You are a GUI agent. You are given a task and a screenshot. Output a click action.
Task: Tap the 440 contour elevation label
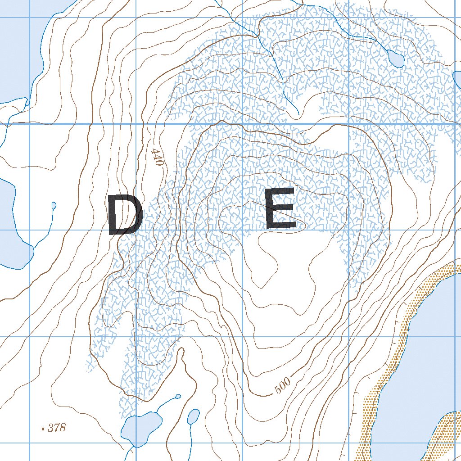(x=157, y=157)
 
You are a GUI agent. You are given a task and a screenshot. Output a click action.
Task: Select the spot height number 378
(x=57, y=428)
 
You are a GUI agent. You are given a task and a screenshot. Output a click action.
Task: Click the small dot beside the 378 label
(x=43, y=429)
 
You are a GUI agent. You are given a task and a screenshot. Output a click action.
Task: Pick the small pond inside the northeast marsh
(x=395, y=58)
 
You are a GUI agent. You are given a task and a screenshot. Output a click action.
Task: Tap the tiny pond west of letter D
(x=54, y=206)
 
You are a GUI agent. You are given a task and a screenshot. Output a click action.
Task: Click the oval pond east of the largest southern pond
(x=193, y=416)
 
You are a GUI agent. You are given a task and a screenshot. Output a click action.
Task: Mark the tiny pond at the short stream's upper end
(x=178, y=396)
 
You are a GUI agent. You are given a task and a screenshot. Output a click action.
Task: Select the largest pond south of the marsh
(x=142, y=428)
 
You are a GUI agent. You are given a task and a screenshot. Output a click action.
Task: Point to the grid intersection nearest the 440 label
(x=136, y=123)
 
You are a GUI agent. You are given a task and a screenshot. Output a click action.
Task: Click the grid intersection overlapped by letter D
(x=136, y=230)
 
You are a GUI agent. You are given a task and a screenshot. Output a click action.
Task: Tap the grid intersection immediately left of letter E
(x=243, y=230)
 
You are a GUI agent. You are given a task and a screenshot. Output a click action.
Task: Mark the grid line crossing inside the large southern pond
(x=136, y=443)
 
